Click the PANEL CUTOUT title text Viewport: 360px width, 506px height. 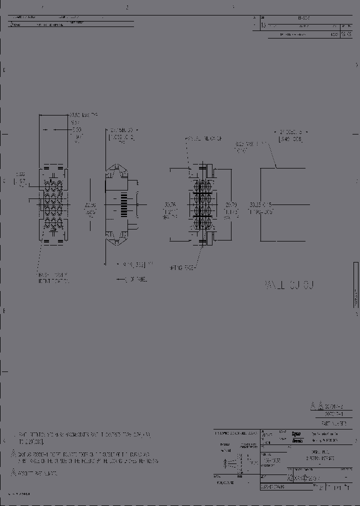point(288,285)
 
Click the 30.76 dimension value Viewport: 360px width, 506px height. point(170,204)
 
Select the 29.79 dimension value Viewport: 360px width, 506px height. point(230,205)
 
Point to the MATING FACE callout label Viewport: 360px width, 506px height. point(182,267)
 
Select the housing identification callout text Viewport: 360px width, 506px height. point(53,278)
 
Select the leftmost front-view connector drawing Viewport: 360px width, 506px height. point(52,204)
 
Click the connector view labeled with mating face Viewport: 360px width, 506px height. point(202,204)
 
